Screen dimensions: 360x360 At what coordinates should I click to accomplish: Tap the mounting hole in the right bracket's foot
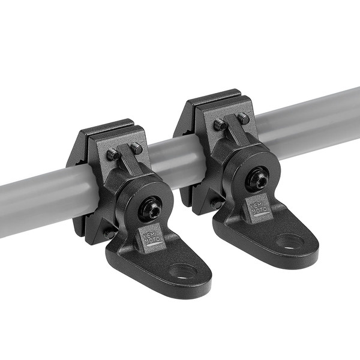pyautogui.click(x=290, y=242)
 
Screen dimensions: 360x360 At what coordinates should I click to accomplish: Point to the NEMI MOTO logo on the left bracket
pyautogui.click(x=152, y=237)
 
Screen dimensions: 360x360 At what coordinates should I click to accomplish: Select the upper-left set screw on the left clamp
pyautogui.click(x=112, y=155)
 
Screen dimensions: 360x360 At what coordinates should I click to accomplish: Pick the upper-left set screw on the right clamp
pyautogui.click(x=220, y=125)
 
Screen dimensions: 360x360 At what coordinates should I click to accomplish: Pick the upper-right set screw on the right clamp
pyautogui.click(x=243, y=118)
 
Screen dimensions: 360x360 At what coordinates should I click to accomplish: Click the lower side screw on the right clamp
pyautogui.click(x=216, y=204)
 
